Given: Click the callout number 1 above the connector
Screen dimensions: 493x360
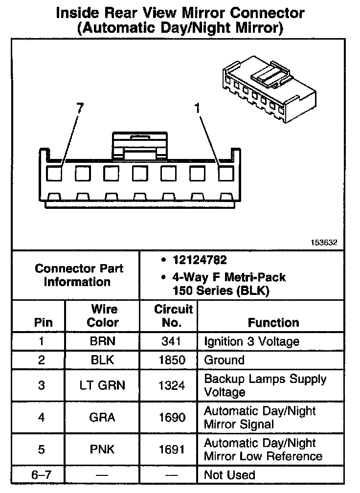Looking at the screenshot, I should (x=198, y=109).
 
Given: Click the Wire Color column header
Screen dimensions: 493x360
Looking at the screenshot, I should (x=103, y=316).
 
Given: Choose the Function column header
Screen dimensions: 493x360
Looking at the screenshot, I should (x=273, y=323).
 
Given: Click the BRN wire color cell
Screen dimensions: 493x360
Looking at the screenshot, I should (x=103, y=341).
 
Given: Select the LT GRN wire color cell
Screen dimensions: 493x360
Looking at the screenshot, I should (x=103, y=385).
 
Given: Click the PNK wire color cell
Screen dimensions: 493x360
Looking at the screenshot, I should (x=103, y=450).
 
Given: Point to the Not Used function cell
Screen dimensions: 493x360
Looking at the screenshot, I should (x=229, y=475).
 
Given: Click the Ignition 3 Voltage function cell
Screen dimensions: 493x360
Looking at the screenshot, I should (x=251, y=341).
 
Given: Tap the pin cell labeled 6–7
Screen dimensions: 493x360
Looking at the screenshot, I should (x=41, y=475).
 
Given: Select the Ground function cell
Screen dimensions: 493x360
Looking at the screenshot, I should (x=224, y=360).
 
